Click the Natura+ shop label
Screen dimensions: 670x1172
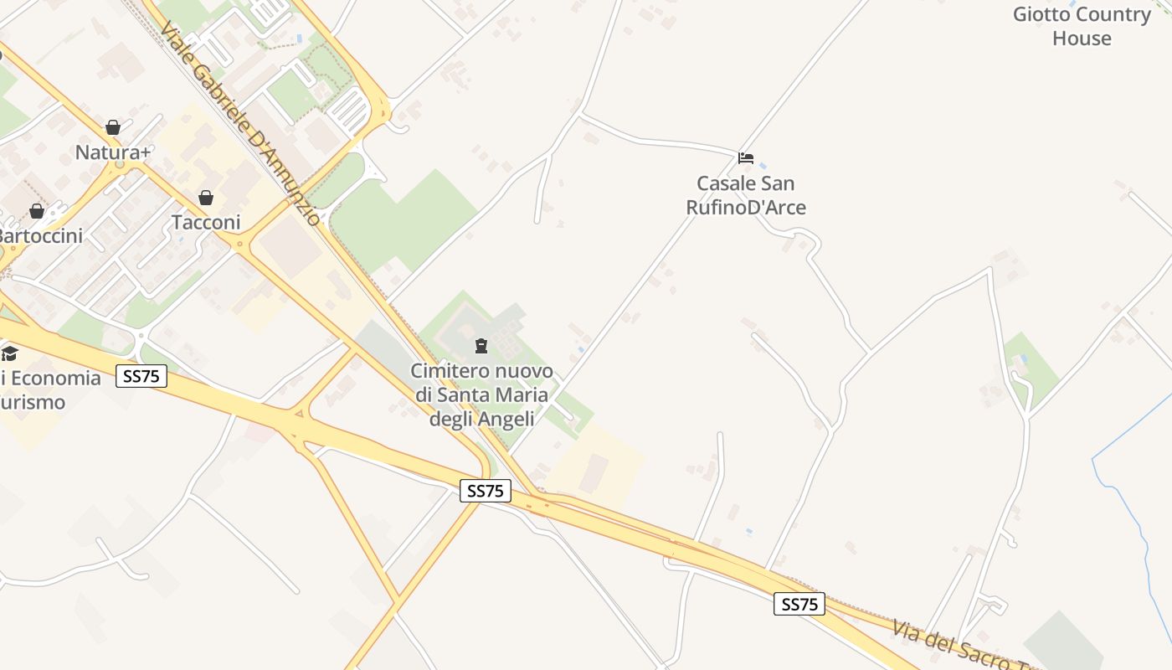[113, 152]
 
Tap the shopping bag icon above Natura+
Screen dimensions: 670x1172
[113, 127]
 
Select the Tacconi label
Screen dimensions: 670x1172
[206, 223]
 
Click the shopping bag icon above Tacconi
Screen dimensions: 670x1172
[206, 198]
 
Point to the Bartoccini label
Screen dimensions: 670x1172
[41, 236]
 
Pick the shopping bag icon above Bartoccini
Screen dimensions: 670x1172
[37, 211]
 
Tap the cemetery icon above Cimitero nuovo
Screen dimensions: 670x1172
[481, 346]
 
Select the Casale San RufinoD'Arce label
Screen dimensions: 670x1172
[746, 195]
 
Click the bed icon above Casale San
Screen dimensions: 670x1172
[746, 157]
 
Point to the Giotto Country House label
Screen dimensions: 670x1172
[1082, 26]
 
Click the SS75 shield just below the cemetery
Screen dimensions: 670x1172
[486, 491]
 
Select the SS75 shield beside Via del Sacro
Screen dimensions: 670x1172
[799, 604]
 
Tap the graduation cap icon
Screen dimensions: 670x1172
[9, 353]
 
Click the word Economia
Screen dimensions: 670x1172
[55, 378]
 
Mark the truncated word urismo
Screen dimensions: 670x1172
[33, 402]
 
